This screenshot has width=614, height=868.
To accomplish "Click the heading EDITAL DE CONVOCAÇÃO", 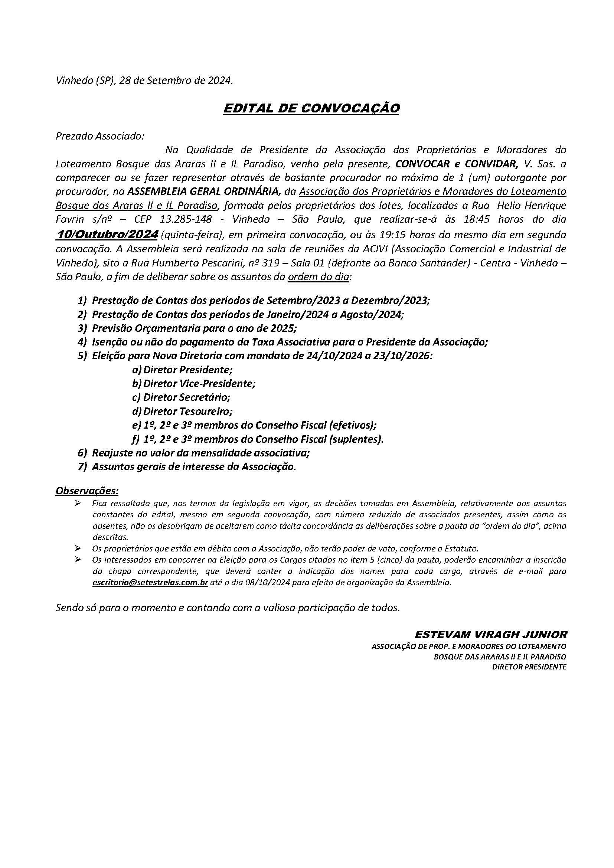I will coord(311,108).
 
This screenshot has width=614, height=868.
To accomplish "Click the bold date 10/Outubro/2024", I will coord(107,235).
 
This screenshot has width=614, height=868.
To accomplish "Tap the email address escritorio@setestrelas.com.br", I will coord(150,583).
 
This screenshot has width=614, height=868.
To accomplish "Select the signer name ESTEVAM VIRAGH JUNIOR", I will coord(491,634).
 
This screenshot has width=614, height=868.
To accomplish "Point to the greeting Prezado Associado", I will coord(100,136).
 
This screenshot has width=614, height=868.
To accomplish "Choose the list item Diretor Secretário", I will coord(186,397).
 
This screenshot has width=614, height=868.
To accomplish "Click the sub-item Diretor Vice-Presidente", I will coord(199,383).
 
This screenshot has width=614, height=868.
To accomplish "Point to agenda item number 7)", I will coord(82,467).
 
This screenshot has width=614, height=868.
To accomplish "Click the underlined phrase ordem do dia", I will coord(319,277).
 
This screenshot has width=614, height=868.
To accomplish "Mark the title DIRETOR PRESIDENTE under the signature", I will coord(529,667).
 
